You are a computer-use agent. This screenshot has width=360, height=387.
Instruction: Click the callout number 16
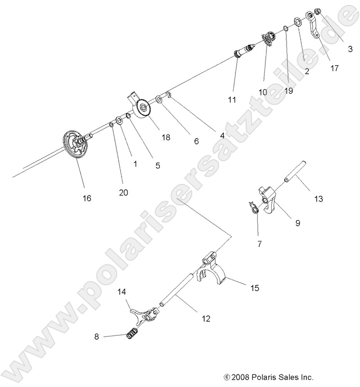click(x=87, y=198)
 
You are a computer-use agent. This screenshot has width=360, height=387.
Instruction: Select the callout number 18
click(x=166, y=138)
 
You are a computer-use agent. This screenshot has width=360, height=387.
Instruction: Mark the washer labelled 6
click(x=158, y=100)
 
